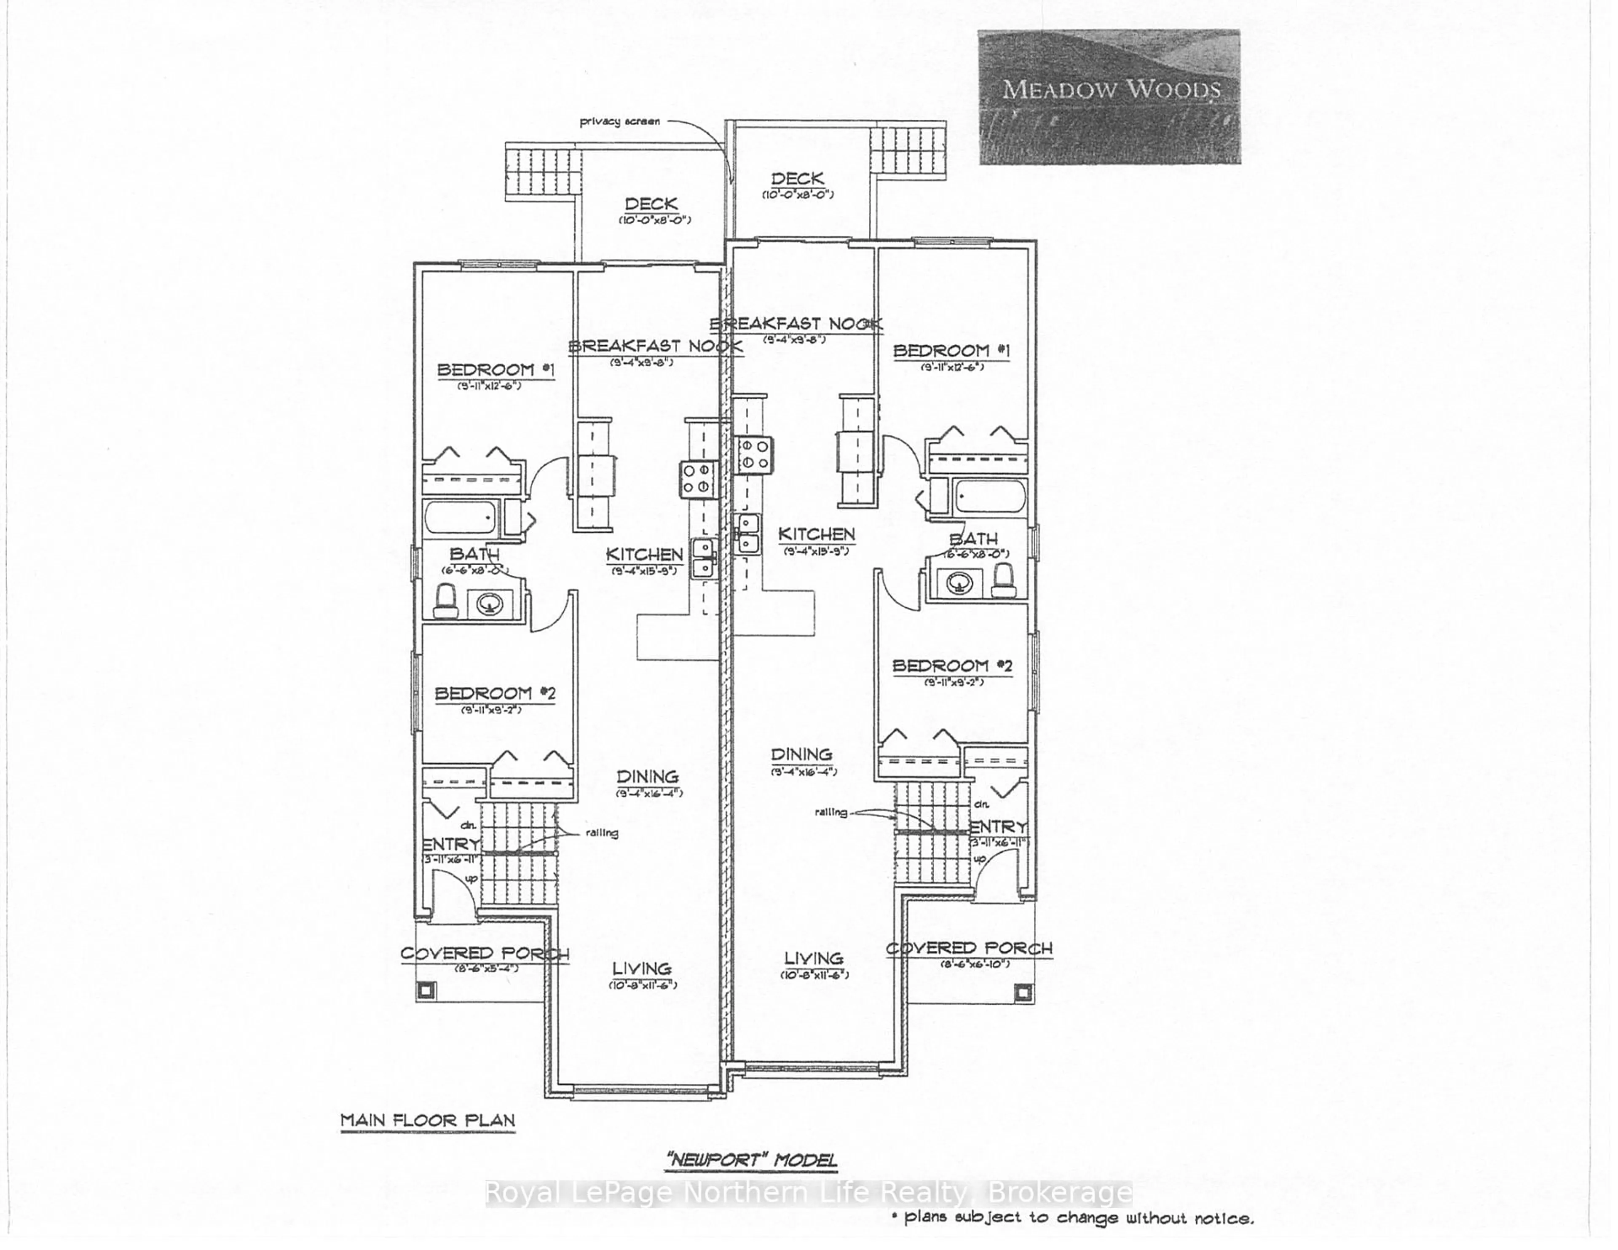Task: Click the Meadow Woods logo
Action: tap(1109, 97)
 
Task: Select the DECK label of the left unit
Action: tap(651, 204)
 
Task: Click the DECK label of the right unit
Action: tap(797, 179)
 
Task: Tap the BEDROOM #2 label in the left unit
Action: tap(495, 694)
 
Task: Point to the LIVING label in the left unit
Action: tap(642, 968)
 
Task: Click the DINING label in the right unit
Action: tap(801, 754)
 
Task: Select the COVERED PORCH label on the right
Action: tap(969, 948)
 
